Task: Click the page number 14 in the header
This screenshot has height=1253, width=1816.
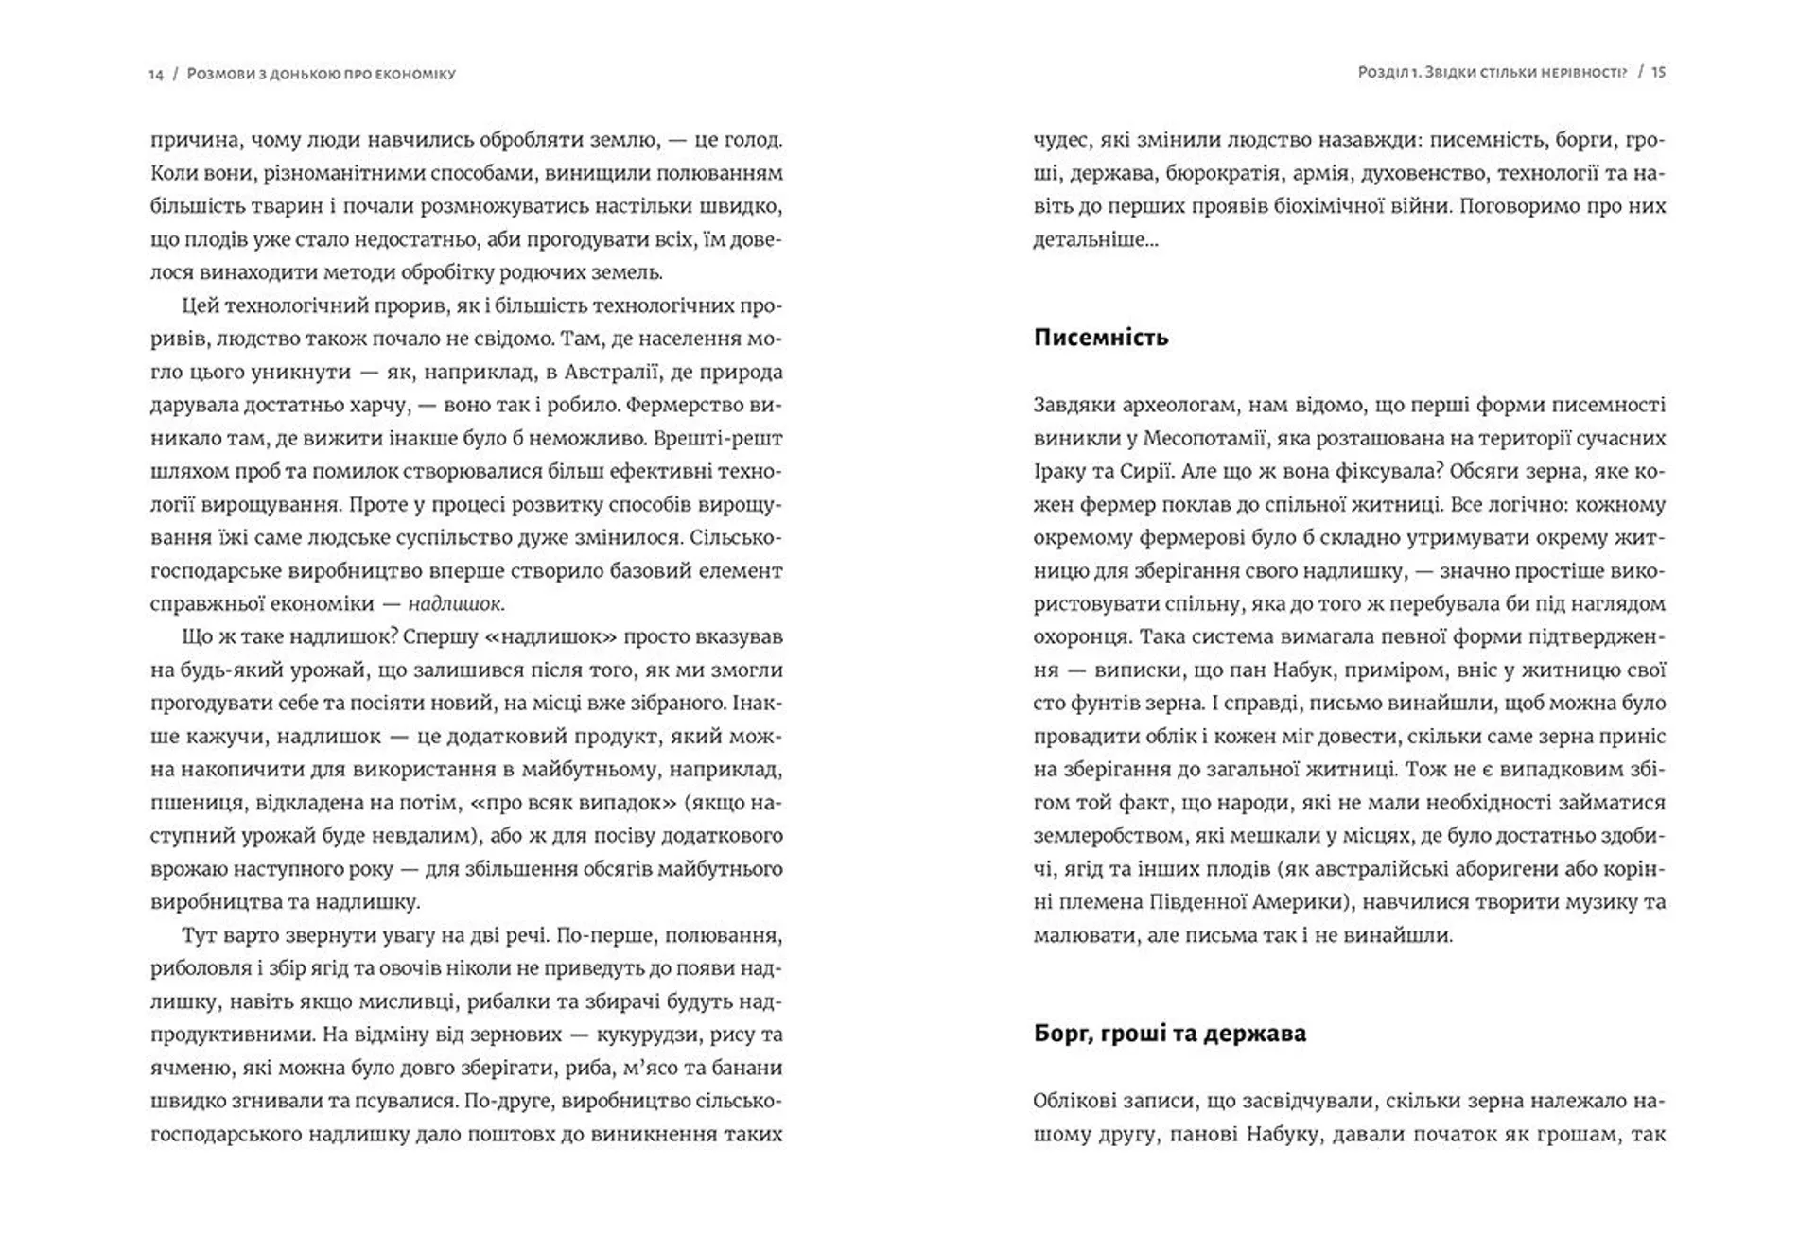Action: tap(156, 74)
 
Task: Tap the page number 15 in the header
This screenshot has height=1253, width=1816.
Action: tap(1658, 72)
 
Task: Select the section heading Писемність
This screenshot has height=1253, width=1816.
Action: tap(1101, 338)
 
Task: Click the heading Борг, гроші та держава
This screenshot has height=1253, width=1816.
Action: tap(1170, 1033)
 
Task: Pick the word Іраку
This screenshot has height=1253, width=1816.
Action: tap(1061, 471)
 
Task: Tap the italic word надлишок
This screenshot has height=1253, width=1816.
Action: tap(456, 603)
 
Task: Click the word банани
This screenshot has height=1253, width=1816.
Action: tap(745, 1068)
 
